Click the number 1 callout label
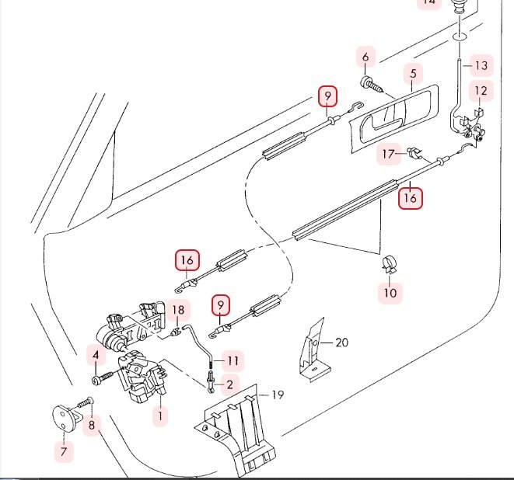(160, 416)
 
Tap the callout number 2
(229, 384)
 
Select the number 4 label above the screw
(96, 357)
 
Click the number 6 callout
(365, 57)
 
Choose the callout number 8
(92, 425)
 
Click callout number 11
(233, 360)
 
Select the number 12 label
(481, 92)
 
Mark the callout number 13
(481, 65)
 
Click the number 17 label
(389, 155)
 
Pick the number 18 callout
(178, 310)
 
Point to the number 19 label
(278, 395)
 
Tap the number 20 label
(342, 342)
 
